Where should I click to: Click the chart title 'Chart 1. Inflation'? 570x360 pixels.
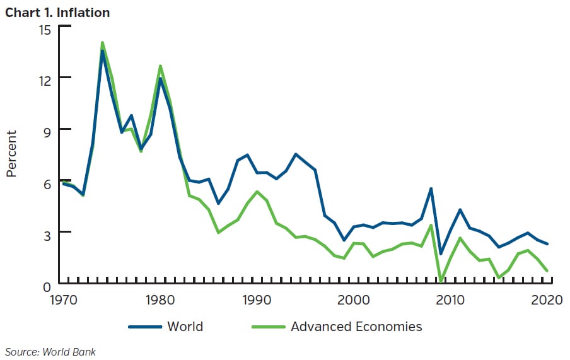[x=57, y=12]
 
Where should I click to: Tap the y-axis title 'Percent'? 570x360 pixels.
[x=11, y=154]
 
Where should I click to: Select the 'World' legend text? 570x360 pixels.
[x=185, y=327]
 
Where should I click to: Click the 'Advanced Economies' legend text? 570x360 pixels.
[x=356, y=327]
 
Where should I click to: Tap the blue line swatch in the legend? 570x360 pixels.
[x=144, y=327]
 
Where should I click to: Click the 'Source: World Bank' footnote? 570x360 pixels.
[x=50, y=352]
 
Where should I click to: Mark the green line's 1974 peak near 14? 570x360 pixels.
[x=102, y=43]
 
